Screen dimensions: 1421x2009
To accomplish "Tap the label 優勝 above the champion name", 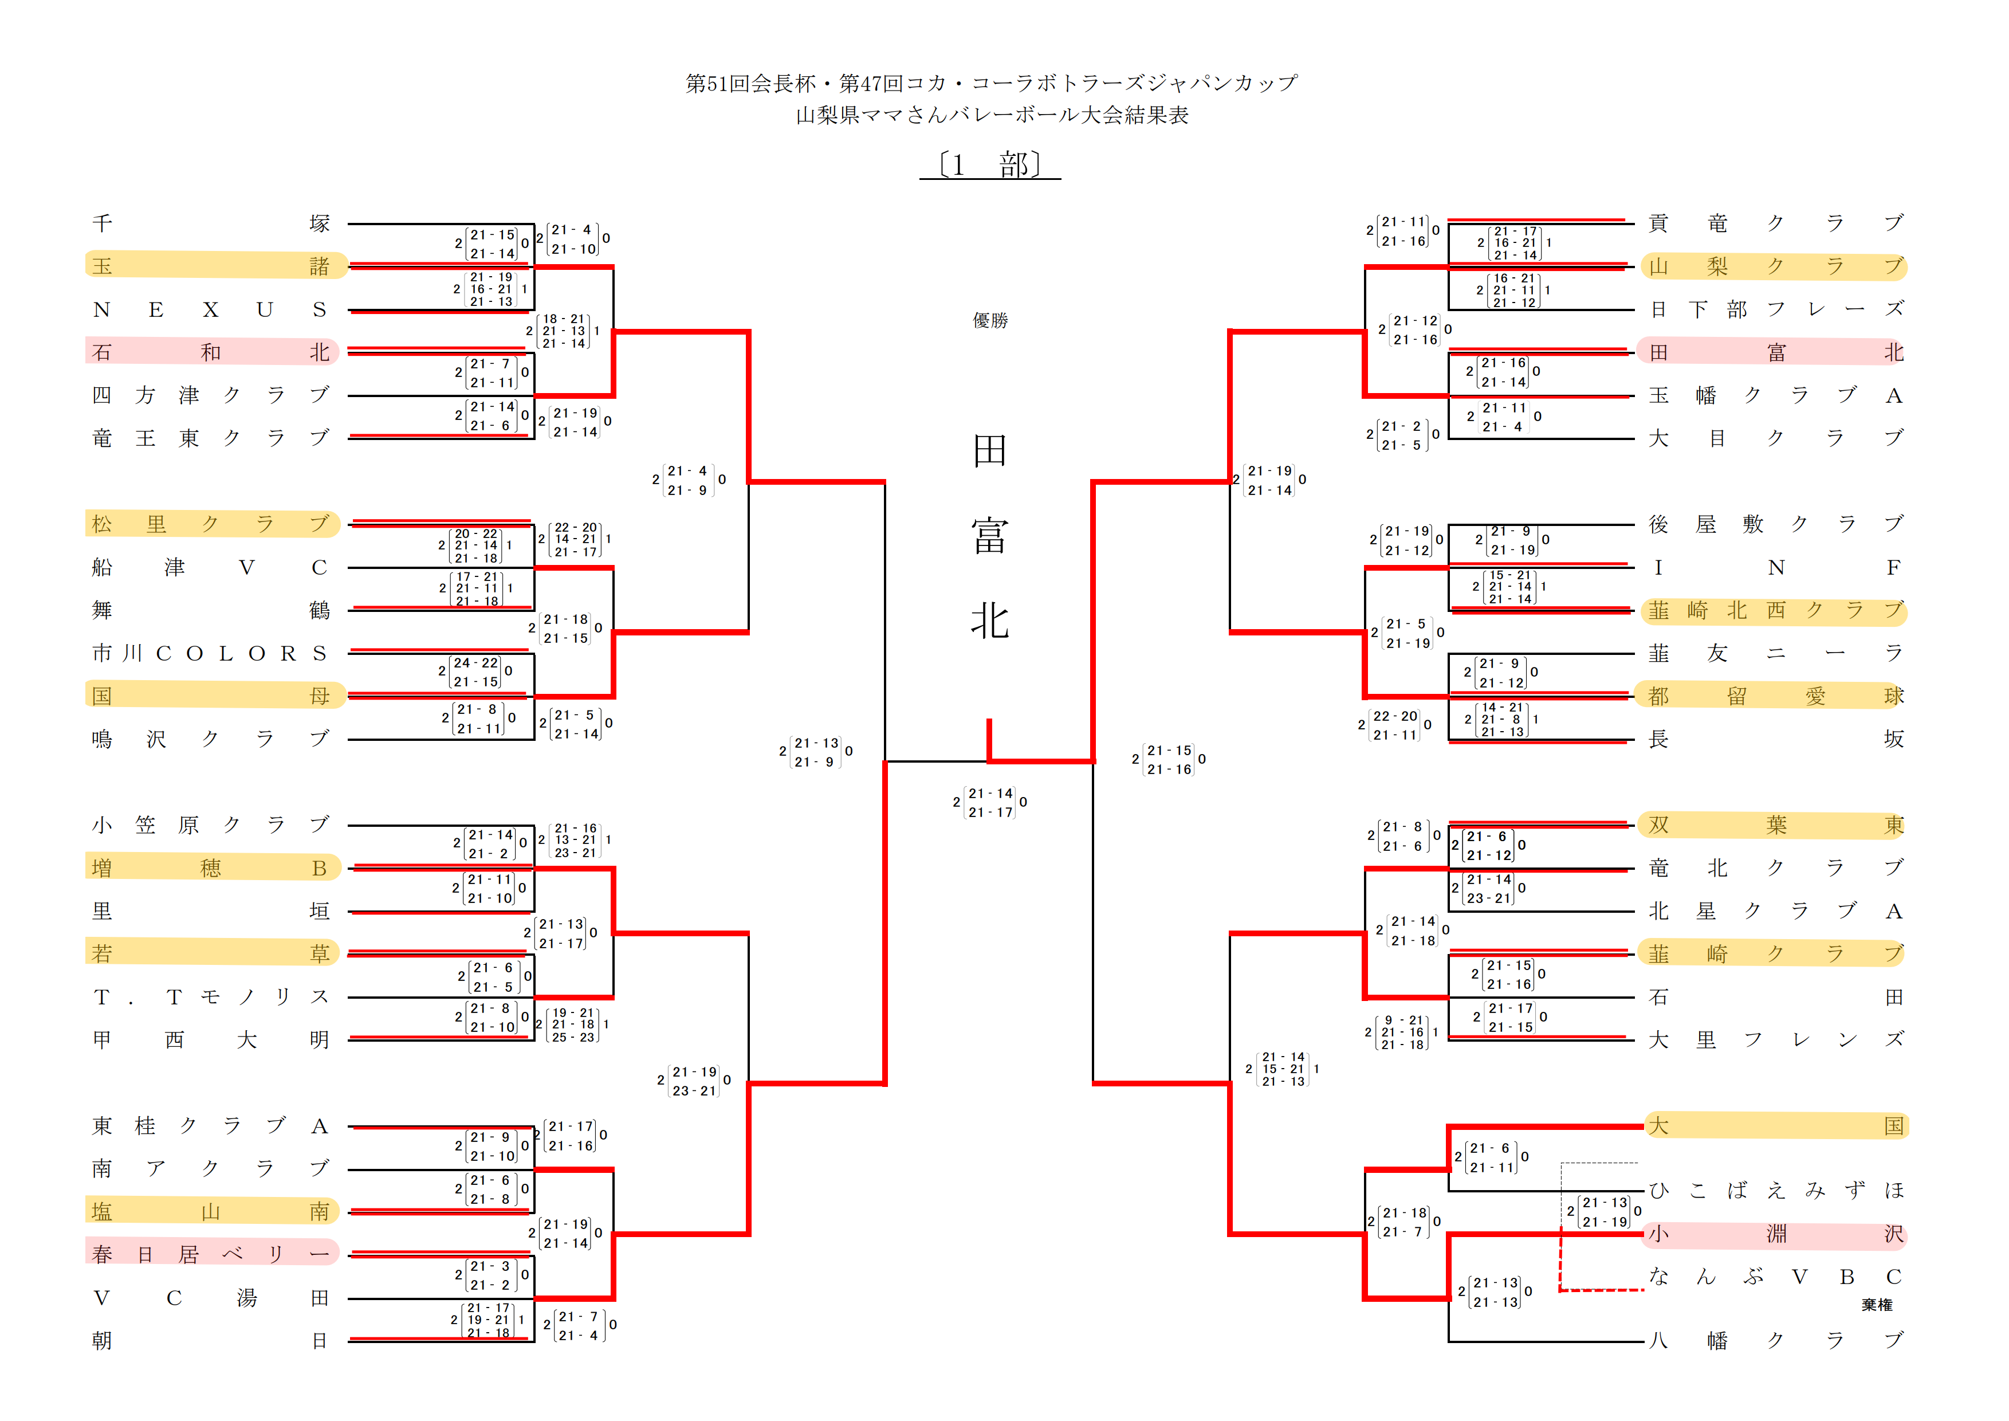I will coord(990,320).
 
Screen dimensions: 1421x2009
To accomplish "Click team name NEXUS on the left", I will coord(210,310).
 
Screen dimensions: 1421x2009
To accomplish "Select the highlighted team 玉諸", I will coord(210,266).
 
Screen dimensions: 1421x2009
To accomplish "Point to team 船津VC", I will coord(210,568).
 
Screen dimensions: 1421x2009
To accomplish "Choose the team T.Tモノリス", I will coord(210,996).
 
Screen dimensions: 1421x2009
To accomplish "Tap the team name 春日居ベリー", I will coord(210,1254).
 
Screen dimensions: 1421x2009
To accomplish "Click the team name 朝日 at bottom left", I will coord(210,1341).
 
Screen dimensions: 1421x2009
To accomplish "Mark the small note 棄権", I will coord(1876,1305).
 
